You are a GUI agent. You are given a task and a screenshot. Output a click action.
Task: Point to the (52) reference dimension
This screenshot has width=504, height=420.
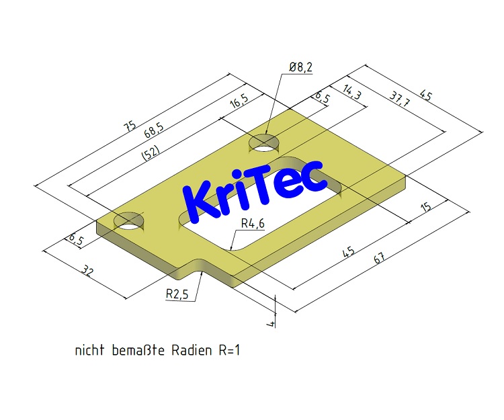click(151, 153)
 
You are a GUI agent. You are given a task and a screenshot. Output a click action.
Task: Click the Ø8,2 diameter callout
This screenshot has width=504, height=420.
click(300, 67)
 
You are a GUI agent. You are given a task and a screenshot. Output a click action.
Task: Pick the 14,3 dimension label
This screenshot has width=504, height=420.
click(352, 93)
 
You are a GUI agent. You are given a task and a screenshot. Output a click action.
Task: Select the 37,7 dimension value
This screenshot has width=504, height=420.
click(400, 99)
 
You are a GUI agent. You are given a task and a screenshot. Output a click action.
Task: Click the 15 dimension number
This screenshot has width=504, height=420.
click(425, 208)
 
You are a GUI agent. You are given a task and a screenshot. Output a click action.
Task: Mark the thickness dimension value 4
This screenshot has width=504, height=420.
click(271, 325)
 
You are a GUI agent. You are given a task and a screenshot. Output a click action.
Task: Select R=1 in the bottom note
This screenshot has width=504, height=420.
click(229, 350)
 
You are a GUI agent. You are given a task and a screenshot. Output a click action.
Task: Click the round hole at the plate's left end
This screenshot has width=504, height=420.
click(129, 220)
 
